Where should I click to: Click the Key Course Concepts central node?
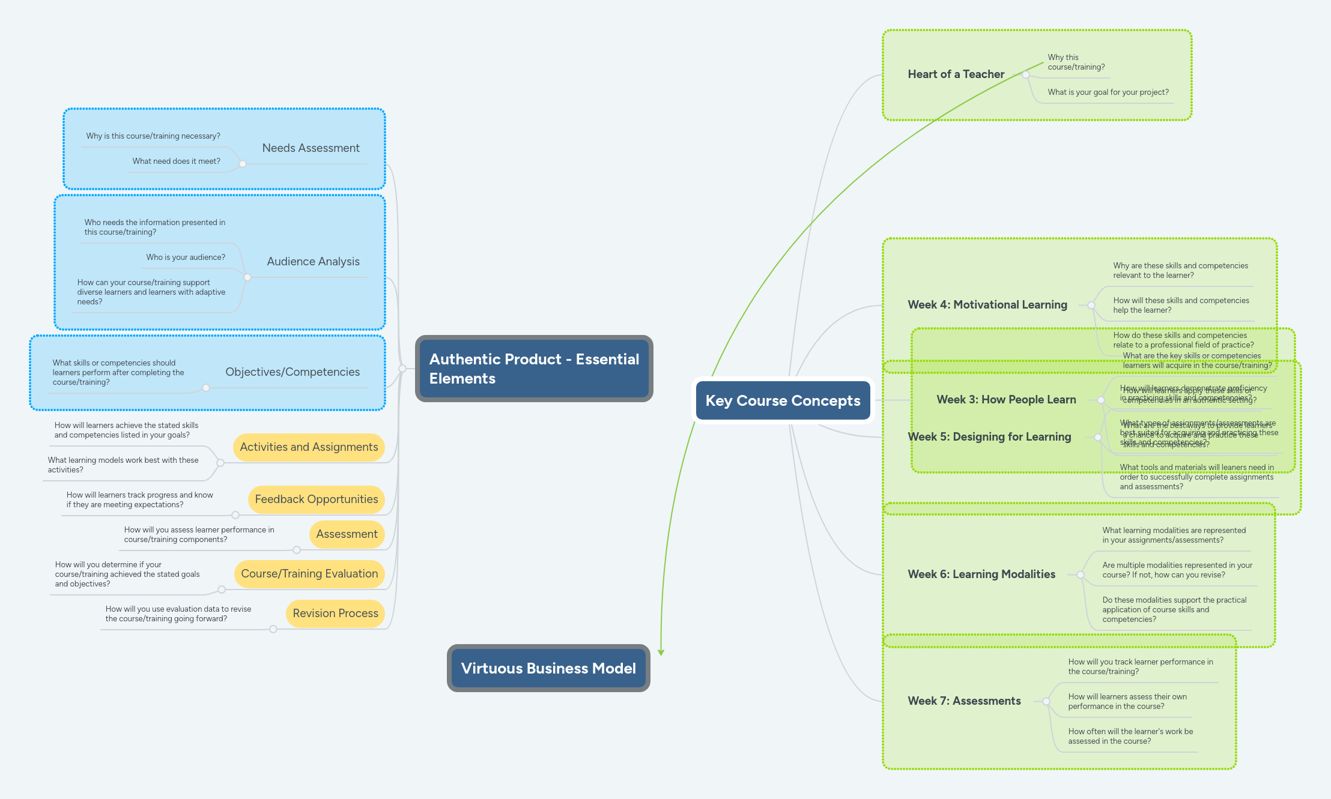tap(783, 400)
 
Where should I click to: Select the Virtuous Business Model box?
tap(548, 668)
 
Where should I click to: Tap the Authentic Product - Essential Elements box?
tap(533, 369)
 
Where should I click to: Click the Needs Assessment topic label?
tap(311, 148)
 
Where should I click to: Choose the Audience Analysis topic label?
tap(313, 261)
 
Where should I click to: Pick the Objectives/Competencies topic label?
tap(293, 372)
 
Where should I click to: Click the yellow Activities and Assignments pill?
tap(309, 447)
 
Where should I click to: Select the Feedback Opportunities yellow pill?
tap(316, 499)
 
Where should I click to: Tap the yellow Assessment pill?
tap(347, 534)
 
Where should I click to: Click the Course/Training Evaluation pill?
tap(309, 574)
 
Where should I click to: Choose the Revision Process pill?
tap(335, 614)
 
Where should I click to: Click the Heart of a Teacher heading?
tap(956, 74)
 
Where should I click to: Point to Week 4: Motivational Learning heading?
tap(987, 305)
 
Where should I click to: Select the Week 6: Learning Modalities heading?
tap(981, 574)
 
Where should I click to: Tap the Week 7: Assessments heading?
tap(964, 701)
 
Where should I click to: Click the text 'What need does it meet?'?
tap(176, 161)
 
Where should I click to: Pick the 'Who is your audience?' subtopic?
tap(186, 257)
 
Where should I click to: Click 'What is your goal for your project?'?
tap(1108, 92)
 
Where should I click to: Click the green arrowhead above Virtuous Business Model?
tap(661, 652)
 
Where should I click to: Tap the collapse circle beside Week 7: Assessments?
tap(1046, 701)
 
